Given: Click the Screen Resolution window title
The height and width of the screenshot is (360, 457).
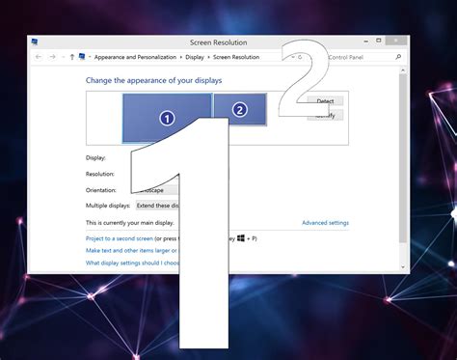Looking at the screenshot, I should click(x=220, y=42).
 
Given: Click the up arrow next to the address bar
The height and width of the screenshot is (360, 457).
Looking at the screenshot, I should click(x=71, y=57).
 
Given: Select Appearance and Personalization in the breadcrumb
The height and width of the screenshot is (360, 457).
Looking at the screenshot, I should click(x=133, y=57).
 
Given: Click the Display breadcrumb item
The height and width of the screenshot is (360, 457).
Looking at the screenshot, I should click(x=194, y=57).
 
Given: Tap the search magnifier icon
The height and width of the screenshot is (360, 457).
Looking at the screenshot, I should click(x=398, y=57).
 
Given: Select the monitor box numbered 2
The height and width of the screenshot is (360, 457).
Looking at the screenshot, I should click(x=239, y=109).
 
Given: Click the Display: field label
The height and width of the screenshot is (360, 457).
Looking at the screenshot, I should click(x=95, y=157).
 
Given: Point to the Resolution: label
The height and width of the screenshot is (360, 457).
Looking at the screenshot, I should click(x=100, y=174).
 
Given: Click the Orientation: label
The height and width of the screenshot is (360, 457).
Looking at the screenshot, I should click(x=101, y=190).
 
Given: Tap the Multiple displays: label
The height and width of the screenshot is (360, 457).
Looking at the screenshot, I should click(x=108, y=206).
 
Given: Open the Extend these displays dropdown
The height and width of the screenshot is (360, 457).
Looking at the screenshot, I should click(x=157, y=206).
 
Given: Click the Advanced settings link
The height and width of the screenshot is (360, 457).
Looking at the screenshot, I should click(x=325, y=223).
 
